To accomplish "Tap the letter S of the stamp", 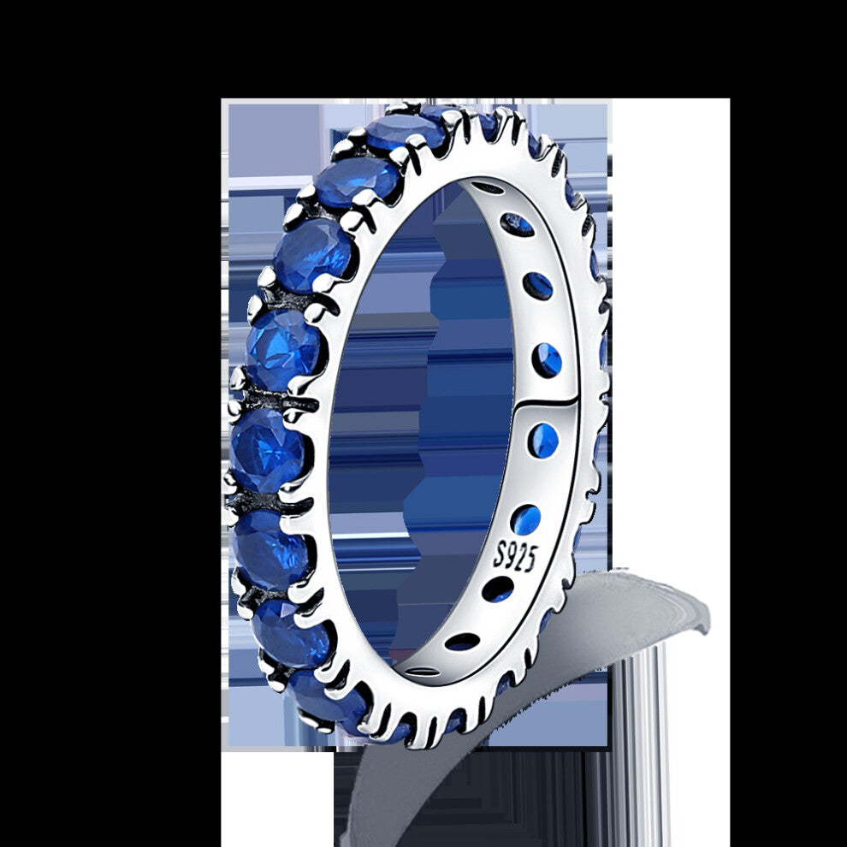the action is [500, 554].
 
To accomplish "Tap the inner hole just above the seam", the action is [547, 358].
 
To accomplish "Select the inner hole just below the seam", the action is [543, 439].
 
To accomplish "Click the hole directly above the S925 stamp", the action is [525, 521].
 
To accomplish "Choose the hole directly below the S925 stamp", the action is [497, 589].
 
